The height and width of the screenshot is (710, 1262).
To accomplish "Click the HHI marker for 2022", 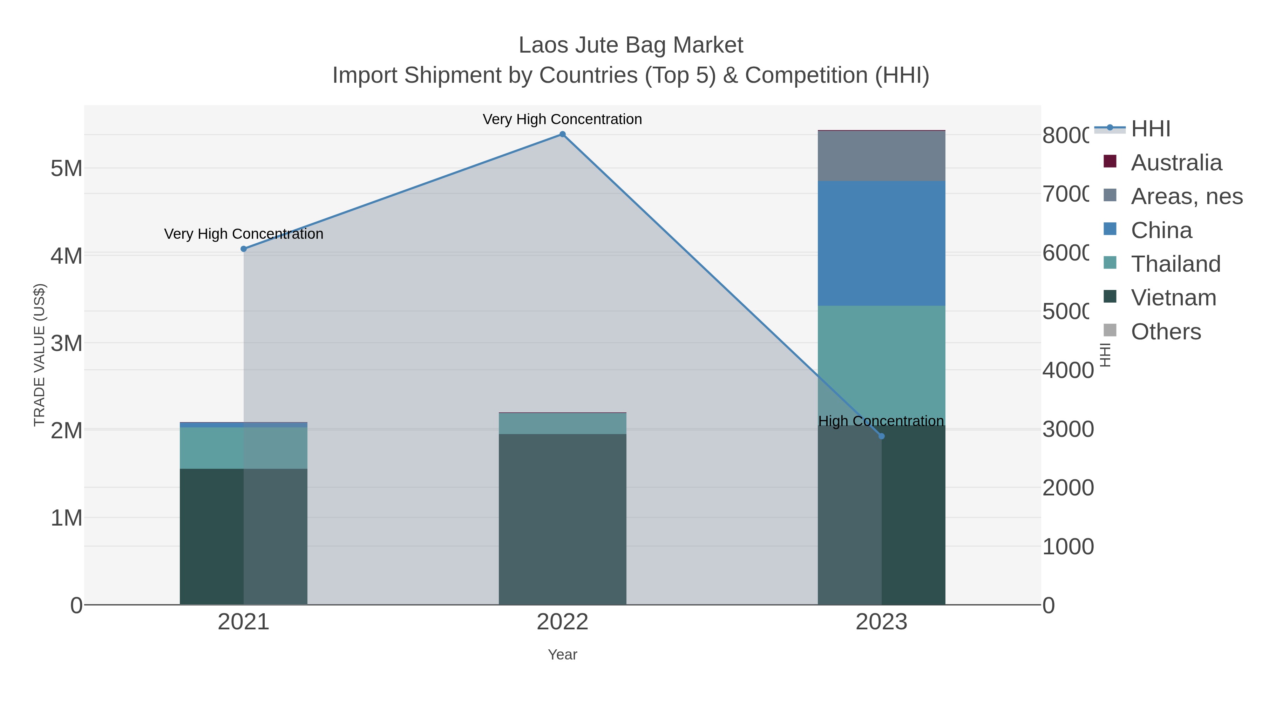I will point(562,134).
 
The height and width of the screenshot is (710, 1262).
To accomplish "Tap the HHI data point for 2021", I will point(244,249).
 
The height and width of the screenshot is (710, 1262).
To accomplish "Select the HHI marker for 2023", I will point(881,436).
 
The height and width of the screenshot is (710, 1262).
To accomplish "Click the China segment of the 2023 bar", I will point(881,244).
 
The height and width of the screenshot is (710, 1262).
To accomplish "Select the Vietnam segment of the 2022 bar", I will point(562,519).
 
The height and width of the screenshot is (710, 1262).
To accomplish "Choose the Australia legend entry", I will point(1176,163).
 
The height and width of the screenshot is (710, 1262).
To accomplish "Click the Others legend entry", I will point(1166,332).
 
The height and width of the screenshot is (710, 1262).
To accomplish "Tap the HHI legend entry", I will point(1150,129).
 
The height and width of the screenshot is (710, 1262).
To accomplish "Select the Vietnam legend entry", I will point(1173,298).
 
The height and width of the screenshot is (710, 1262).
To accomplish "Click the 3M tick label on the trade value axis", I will point(67,344).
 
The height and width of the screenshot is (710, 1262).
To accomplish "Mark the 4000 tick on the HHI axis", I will point(1067,371).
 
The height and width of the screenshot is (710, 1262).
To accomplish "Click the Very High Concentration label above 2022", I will point(562,119).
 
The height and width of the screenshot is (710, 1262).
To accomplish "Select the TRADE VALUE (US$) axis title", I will point(39,355).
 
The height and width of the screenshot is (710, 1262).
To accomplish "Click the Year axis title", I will point(562,655).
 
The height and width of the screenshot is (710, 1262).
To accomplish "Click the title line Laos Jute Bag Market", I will point(631,45).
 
